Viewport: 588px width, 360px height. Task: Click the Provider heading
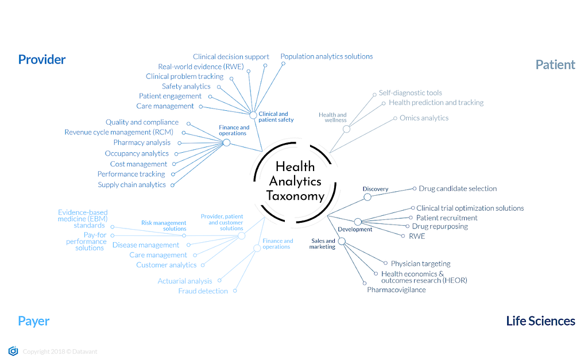click(x=42, y=59)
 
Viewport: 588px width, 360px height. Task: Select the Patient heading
click(x=555, y=64)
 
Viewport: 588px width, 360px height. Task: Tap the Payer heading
click(x=33, y=321)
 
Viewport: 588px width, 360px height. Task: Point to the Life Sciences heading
click(x=540, y=321)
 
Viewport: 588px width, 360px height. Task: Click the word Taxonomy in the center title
click(x=295, y=196)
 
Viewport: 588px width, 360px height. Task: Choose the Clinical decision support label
click(x=231, y=57)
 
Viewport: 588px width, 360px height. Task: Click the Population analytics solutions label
click(x=326, y=56)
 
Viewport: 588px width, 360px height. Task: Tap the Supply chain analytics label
click(x=131, y=185)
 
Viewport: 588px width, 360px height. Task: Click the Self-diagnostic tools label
click(x=410, y=92)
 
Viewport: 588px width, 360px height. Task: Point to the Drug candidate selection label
click(x=458, y=188)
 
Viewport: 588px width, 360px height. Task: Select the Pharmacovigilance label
click(x=396, y=290)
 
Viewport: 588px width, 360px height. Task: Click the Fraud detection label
click(x=203, y=291)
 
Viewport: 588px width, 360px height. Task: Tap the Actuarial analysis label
click(x=185, y=281)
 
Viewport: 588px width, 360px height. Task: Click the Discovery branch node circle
click(x=367, y=197)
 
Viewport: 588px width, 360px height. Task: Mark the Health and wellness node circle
click(x=346, y=129)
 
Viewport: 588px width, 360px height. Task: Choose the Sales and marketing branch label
click(x=323, y=243)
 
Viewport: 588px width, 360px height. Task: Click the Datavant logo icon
click(x=13, y=351)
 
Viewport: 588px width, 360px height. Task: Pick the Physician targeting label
click(x=420, y=264)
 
